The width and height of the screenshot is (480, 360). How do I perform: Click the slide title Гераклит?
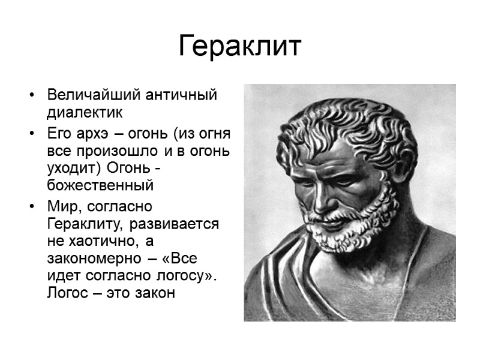(239, 46)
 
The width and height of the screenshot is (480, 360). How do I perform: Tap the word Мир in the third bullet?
(63, 207)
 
